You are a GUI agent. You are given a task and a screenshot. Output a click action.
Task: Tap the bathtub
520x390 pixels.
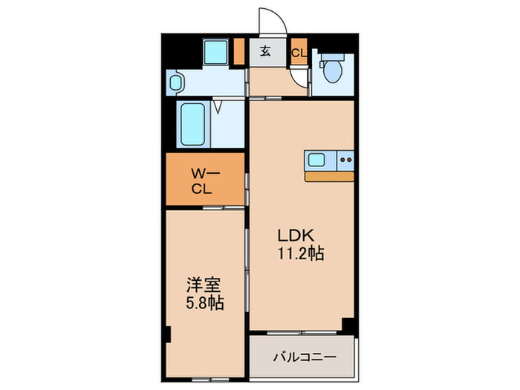pyautogui.click(x=195, y=125)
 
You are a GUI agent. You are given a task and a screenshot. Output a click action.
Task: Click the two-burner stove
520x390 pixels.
pyautogui.click(x=345, y=159)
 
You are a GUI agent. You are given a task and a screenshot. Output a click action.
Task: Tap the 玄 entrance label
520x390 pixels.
pyautogui.click(x=265, y=52)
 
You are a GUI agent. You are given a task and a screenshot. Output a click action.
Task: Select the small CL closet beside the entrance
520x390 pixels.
pyautogui.click(x=298, y=52)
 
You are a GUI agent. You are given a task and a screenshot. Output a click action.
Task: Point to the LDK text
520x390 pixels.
pyautogui.click(x=293, y=235)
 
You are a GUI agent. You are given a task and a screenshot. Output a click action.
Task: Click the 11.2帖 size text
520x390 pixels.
pyautogui.click(x=299, y=253)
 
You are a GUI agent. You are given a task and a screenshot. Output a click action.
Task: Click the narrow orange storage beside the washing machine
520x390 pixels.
pyautogui.click(x=238, y=51)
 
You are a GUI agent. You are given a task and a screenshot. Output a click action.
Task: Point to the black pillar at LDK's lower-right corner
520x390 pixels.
pyautogui.click(x=348, y=325)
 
